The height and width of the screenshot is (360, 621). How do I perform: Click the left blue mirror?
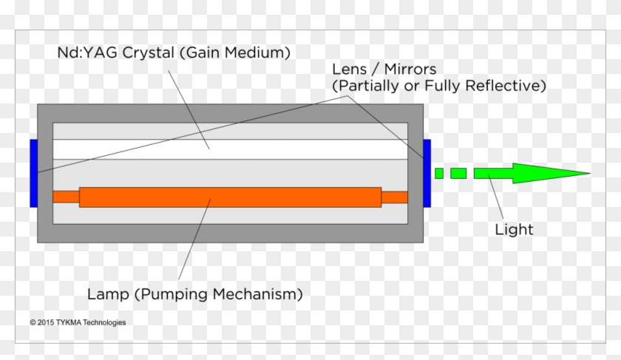[x=34, y=173]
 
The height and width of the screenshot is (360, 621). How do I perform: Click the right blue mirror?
[x=426, y=173]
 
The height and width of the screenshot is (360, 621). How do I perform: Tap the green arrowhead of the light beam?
[x=562, y=173]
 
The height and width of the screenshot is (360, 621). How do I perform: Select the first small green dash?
[x=438, y=173]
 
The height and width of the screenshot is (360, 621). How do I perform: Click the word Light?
[x=514, y=229]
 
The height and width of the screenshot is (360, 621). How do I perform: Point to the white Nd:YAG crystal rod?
[x=229, y=149]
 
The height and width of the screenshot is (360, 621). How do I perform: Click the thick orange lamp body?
[x=229, y=197]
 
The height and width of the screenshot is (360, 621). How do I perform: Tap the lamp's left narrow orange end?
[x=66, y=197]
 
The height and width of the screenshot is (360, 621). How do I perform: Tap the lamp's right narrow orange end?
[x=395, y=197]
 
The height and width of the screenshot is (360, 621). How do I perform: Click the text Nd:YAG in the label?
[x=81, y=53]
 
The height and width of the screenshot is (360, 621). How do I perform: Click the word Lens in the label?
[x=349, y=69]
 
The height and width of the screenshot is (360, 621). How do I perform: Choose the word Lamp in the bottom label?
[x=106, y=294]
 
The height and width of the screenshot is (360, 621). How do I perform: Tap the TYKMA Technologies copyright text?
[x=78, y=322]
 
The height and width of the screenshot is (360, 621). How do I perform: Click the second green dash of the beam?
[x=458, y=173]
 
